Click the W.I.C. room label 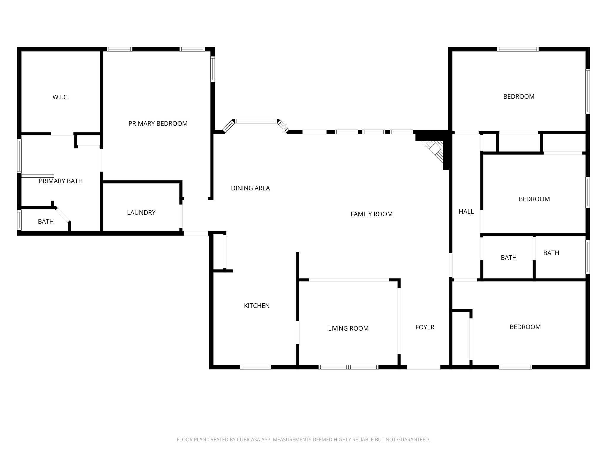[x=61, y=97]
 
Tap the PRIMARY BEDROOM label [x=158, y=124]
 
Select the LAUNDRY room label [x=141, y=212]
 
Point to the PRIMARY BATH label [x=61, y=181]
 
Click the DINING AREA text [x=250, y=188]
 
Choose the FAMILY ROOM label [x=371, y=214]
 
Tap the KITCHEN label [x=257, y=306]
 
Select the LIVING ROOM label [x=348, y=328]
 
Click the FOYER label [x=425, y=327]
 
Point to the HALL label [x=466, y=212]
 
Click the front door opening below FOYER [x=423, y=367]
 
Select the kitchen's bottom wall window [x=255, y=367]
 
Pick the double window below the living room [x=348, y=367]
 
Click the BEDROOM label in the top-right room [x=519, y=97]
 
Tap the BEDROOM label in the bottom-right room [x=525, y=327]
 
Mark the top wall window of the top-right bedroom [x=518, y=49]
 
